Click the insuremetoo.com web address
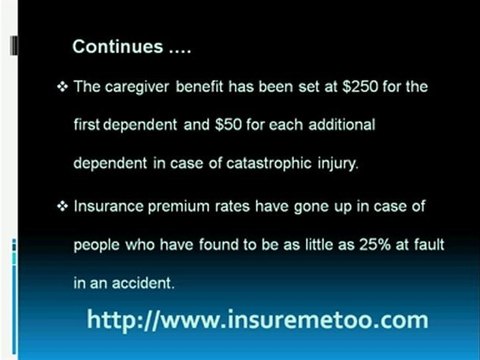coord(257,320)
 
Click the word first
coord(87,124)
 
